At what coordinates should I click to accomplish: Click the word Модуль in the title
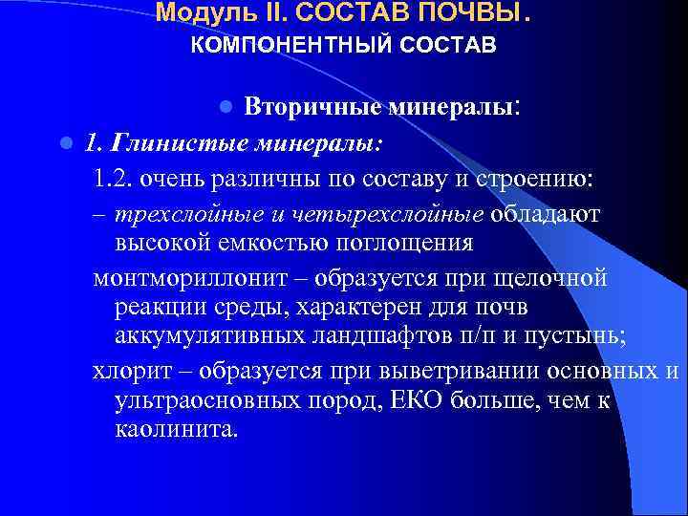pos(192,13)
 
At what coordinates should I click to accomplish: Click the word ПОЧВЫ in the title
pos(465,13)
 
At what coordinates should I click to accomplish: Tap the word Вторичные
pos(305,106)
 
